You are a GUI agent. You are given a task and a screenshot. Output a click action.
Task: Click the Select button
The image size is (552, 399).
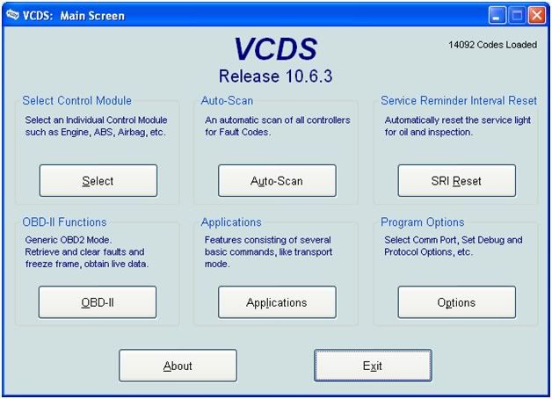[98, 180]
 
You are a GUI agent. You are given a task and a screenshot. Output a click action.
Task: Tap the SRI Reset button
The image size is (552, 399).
[456, 180]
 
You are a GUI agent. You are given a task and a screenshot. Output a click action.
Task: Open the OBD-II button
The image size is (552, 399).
[98, 302]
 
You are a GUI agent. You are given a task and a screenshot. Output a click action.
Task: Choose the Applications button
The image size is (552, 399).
[277, 302]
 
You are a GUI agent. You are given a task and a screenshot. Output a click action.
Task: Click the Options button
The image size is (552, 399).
[456, 302]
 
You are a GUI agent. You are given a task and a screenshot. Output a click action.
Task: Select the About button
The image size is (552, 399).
[178, 366]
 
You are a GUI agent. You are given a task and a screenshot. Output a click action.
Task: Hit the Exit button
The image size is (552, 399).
[373, 366]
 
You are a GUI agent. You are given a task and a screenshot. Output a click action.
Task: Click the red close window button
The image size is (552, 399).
[537, 16]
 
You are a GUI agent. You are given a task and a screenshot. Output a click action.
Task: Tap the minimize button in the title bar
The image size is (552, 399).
[497, 16]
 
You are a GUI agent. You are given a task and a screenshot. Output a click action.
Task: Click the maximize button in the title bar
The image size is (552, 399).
[517, 16]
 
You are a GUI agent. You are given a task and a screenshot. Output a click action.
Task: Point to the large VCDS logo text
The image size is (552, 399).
[276, 49]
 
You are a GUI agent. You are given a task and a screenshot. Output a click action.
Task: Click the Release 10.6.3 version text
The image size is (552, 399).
[275, 76]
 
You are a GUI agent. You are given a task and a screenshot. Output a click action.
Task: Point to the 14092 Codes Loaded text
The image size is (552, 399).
[492, 45]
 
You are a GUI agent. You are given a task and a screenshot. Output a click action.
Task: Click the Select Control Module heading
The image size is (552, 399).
[76, 101]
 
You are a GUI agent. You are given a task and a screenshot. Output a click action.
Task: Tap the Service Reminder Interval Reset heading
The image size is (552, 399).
[459, 101]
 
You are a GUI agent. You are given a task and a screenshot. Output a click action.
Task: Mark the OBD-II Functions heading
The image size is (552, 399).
[64, 222]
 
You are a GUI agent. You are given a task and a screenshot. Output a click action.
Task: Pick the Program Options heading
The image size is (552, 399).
[423, 222]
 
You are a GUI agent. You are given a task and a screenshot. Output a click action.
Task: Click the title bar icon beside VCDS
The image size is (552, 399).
[12, 15]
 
